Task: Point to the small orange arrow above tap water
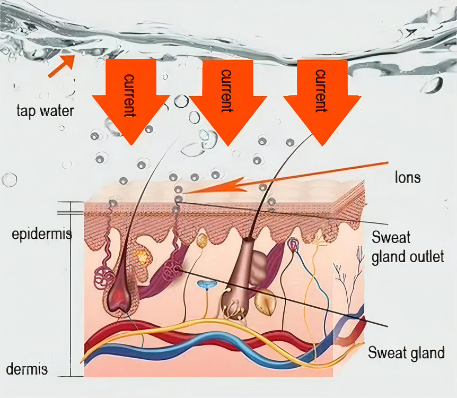point(60,66)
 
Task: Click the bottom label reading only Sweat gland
point(406,352)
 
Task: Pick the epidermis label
point(41,234)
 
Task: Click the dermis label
point(28,368)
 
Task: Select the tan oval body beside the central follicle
point(265,302)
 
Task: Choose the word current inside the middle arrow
point(226,91)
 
